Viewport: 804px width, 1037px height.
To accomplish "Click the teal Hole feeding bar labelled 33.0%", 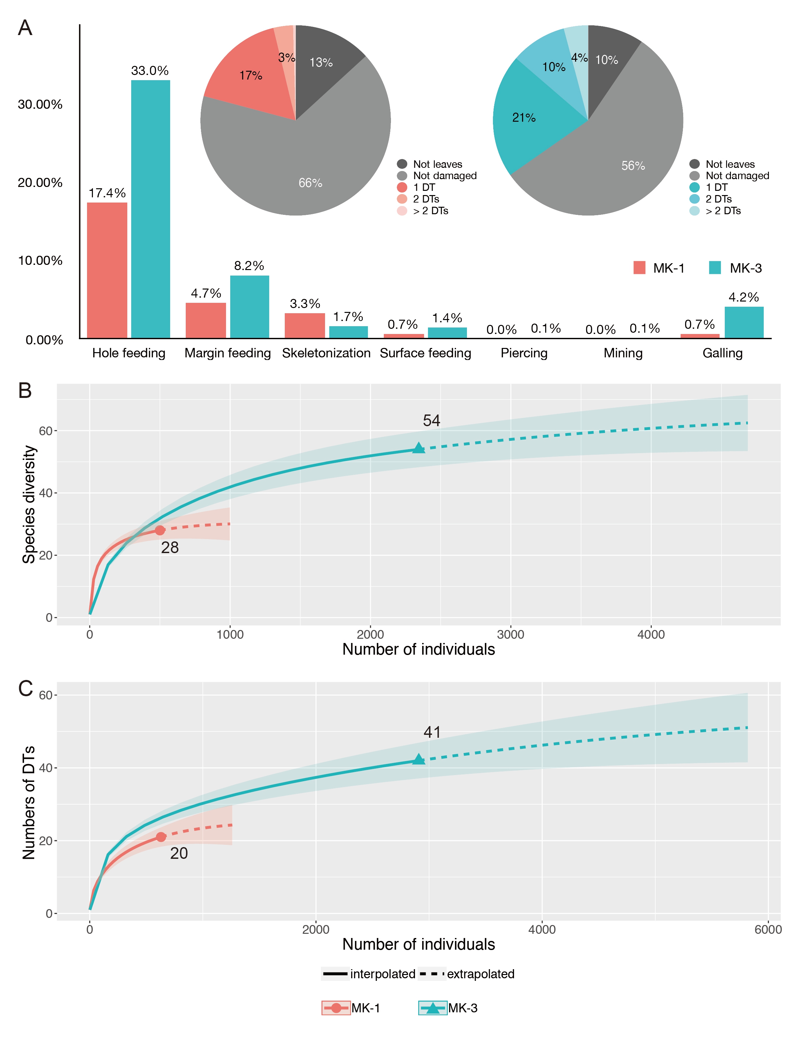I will [x=151, y=209].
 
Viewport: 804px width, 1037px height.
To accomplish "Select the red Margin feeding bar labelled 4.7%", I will [x=206, y=320].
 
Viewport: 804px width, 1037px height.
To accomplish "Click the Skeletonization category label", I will [x=326, y=353].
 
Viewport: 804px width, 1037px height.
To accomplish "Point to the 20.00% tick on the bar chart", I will [x=40, y=183].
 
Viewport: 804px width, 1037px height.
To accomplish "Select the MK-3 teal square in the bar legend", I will [x=715, y=268].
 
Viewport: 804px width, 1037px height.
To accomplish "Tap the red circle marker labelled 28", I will [x=160, y=530].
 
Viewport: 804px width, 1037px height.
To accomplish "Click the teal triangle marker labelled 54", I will [x=418, y=448].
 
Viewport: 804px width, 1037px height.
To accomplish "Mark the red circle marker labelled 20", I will [x=161, y=837].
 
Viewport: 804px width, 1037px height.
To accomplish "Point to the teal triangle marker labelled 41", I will [x=418, y=760].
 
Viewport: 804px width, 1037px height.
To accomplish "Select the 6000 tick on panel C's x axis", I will [x=768, y=929].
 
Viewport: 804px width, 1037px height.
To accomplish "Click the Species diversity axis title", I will [x=29, y=504].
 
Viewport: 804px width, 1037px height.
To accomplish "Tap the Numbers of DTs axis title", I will [x=29, y=802].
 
